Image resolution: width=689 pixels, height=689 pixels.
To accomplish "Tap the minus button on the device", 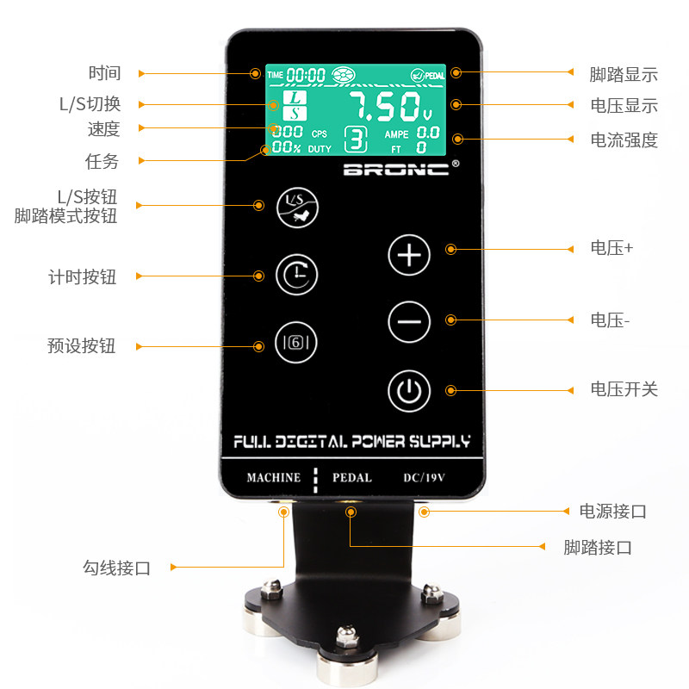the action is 409,321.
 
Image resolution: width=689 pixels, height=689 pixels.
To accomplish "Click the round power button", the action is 409,391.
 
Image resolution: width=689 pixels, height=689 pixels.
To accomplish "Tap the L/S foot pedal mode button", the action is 297,208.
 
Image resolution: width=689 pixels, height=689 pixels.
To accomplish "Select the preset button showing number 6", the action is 296,342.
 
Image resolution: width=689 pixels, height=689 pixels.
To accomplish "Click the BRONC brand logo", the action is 396,169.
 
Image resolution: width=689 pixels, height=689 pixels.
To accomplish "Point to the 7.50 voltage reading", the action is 391,107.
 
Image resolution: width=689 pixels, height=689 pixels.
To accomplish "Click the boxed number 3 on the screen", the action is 356,140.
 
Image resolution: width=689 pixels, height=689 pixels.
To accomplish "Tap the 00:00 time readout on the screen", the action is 306,75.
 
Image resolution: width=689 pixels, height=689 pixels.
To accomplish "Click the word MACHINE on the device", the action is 274,478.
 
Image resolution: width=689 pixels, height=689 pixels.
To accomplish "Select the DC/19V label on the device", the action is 425,478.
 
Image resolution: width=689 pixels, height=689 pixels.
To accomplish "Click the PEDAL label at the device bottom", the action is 352,478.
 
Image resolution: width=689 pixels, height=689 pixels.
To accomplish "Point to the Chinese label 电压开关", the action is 624,389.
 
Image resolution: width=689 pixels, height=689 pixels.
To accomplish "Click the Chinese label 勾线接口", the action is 117,568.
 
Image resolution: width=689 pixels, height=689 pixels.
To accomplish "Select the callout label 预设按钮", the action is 81,346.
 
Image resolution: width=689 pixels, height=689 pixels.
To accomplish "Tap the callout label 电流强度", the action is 624,140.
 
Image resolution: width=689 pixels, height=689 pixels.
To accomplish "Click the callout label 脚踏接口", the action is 598,548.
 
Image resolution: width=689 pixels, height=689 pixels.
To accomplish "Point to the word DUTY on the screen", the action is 320,149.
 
